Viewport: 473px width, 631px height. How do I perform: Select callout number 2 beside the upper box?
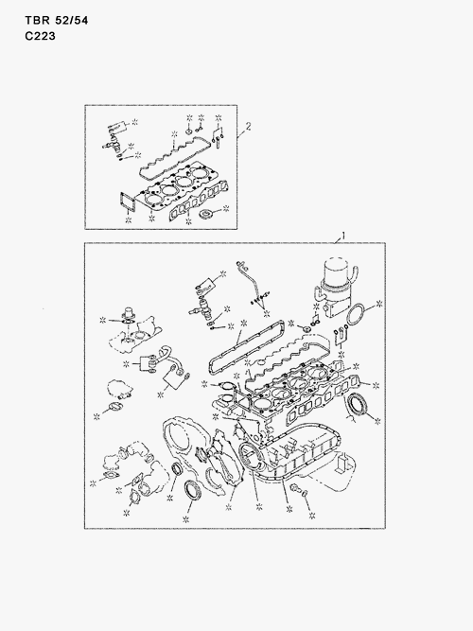tap(248, 125)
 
